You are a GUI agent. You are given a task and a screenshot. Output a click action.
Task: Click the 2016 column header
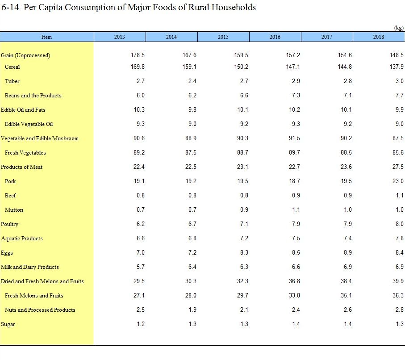pyautogui.click(x=275, y=37)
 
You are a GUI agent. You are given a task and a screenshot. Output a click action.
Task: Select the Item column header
pyautogui.click(x=46, y=37)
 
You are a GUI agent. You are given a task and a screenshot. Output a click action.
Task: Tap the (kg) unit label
pyautogui.click(x=399, y=28)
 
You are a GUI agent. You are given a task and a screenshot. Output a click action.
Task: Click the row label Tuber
pyautogui.click(x=12, y=81)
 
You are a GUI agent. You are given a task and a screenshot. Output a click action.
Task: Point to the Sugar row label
pyautogui.click(x=8, y=324)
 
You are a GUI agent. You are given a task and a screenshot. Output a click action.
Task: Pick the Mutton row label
pyautogui.click(x=14, y=210)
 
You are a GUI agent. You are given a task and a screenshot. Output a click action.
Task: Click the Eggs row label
pyautogui.click(x=7, y=253)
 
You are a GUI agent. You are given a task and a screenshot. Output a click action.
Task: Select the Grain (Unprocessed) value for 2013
pyautogui.click(x=138, y=55)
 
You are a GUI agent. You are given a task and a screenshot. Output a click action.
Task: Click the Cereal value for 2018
pyautogui.click(x=397, y=67)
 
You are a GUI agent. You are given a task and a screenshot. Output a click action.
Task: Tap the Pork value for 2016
pyautogui.click(x=294, y=181)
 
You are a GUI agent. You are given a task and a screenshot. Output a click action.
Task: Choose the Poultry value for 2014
pyautogui.click(x=192, y=224)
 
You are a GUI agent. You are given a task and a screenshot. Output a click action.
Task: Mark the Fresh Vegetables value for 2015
pyautogui.click(x=242, y=152)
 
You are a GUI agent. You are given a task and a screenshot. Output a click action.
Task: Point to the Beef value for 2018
pyautogui.click(x=400, y=195)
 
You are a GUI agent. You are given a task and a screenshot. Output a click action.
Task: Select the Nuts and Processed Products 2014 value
pyautogui.click(x=192, y=310)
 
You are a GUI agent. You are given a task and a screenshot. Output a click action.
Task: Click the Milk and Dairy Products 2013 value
pyautogui.click(x=141, y=267)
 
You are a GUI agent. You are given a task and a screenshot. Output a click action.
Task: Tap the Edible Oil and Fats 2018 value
pyautogui.click(x=399, y=109)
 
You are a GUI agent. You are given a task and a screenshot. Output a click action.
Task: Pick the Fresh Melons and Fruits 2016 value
pyautogui.click(x=294, y=295)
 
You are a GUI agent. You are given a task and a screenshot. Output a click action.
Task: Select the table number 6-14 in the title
pyautogui.click(x=10, y=7)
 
